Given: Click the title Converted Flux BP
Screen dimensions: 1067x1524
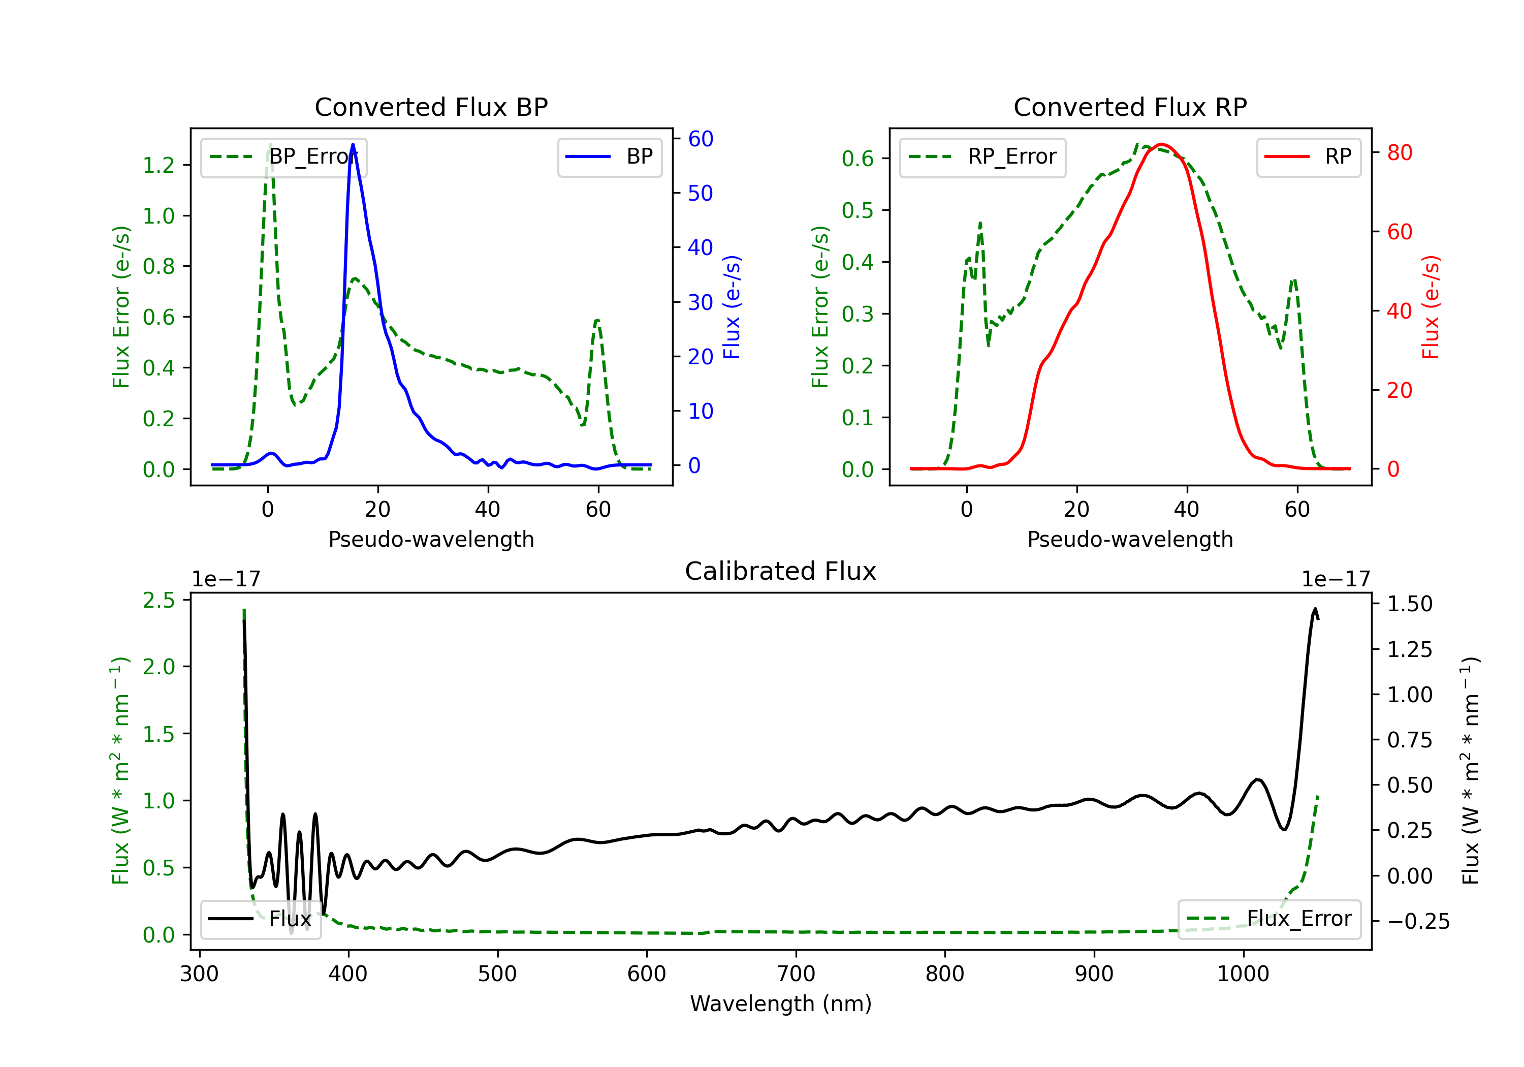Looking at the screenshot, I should pos(431,107).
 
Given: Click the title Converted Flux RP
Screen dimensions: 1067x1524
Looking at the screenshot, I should pos(1130,107).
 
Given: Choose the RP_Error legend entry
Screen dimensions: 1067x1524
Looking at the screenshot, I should pos(983,158).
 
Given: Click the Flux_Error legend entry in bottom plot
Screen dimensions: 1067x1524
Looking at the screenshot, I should pos(1269,919).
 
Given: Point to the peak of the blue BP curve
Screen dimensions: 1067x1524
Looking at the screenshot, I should pos(353,144).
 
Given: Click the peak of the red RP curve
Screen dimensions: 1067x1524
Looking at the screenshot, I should pos(1160,144).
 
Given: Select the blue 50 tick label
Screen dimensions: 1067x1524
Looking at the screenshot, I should pos(700,193).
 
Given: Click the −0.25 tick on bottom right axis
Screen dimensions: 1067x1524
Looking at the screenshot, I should pos(1418,922).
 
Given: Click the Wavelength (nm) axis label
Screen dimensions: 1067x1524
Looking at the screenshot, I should pos(781,1003).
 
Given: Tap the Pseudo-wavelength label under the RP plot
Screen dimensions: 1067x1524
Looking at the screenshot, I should pos(1130,539).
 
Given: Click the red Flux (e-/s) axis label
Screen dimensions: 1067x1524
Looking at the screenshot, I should pos(1431,307).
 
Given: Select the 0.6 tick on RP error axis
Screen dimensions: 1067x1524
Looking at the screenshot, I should pos(858,159).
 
